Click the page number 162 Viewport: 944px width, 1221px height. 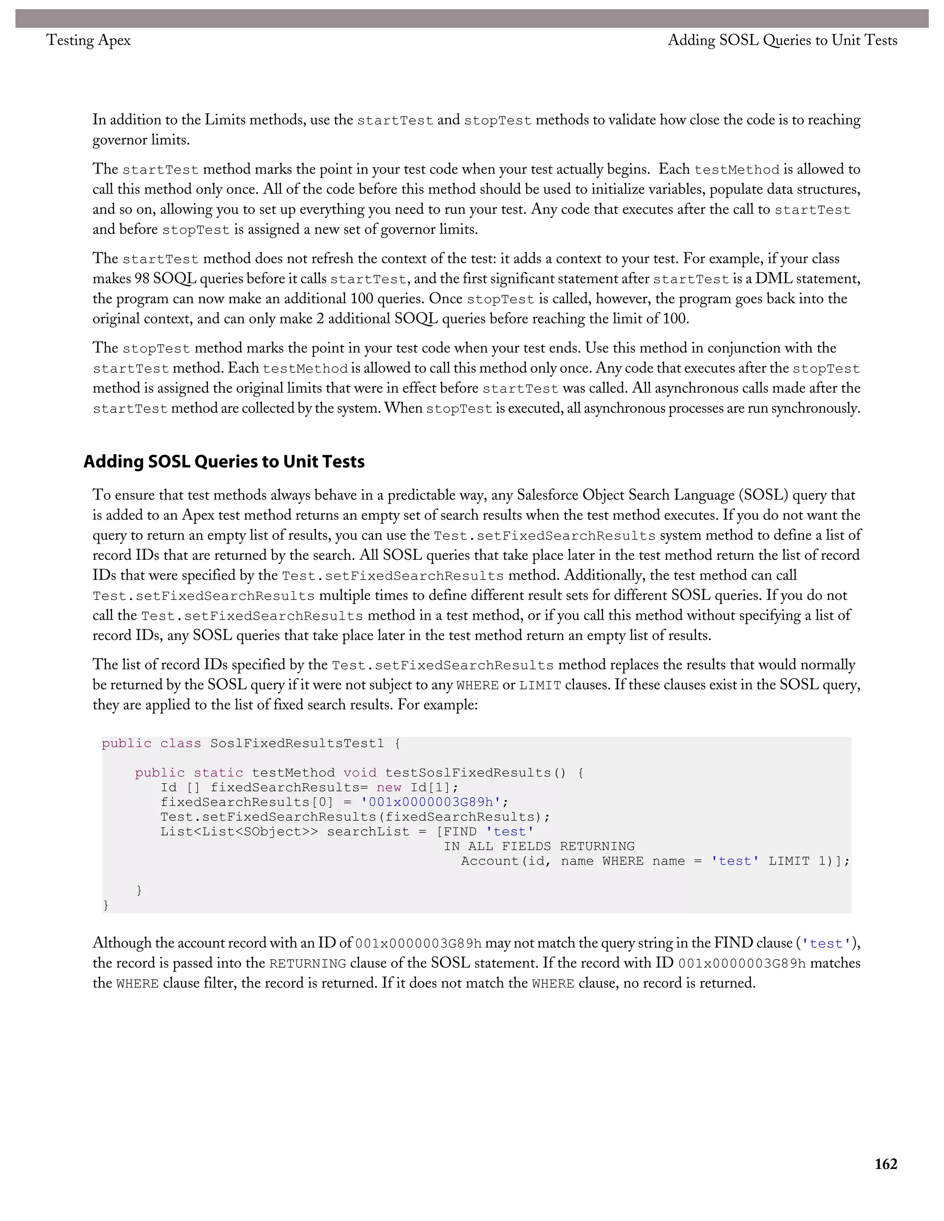pos(885,1163)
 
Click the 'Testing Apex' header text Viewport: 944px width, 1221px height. pos(88,40)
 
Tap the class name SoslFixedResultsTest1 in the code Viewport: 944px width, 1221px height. pos(297,743)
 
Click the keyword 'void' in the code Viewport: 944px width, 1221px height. pos(360,773)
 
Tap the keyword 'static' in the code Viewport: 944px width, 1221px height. pos(218,773)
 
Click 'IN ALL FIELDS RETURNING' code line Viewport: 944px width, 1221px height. pos(539,846)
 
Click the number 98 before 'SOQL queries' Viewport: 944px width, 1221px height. pos(142,278)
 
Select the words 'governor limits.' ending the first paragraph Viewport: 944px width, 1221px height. pos(141,140)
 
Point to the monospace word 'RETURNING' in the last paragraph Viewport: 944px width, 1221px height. pos(307,963)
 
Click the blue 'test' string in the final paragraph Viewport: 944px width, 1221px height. pos(826,944)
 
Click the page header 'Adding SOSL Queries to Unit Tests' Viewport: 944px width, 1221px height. pos(782,40)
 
